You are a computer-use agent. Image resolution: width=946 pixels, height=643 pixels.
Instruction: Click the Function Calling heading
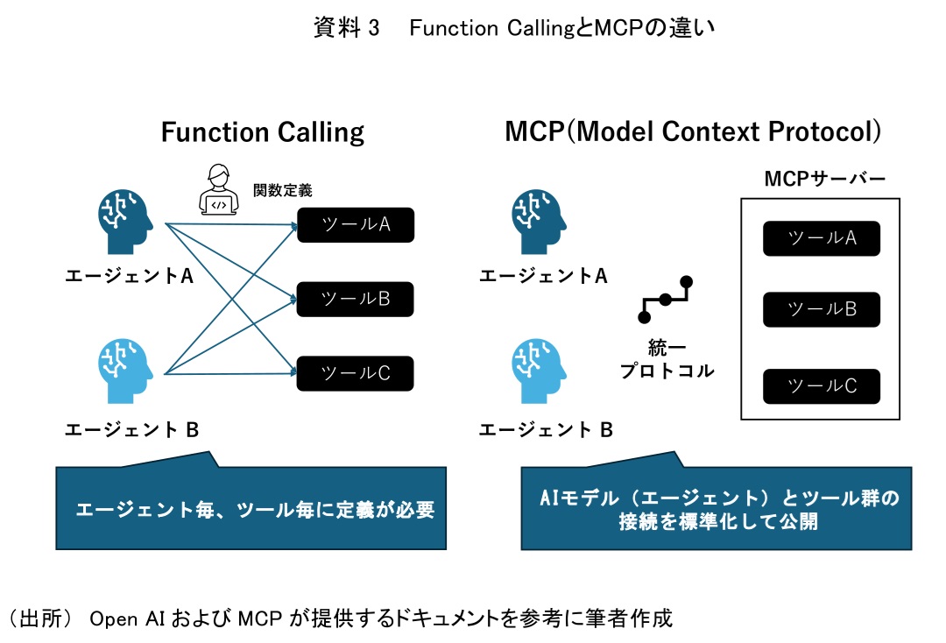[x=263, y=132]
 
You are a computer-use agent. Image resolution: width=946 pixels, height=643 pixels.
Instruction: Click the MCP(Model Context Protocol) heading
[x=692, y=132]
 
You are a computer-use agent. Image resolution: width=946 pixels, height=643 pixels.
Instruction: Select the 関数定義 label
[x=282, y=189]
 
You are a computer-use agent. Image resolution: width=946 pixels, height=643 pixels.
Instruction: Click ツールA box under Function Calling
[x=355, y=225]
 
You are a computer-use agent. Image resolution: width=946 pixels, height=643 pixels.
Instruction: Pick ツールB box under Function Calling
[x=355, y=300]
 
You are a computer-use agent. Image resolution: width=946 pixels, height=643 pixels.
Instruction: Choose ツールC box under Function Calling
[x=355, y=374]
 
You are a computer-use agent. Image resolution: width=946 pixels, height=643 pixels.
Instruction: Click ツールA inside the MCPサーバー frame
[x=821, y=238]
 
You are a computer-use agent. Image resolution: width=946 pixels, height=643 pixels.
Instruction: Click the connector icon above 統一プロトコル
[x=666, y=299]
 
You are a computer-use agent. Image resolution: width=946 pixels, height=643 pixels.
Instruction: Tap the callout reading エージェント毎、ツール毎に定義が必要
[x=254, y=509]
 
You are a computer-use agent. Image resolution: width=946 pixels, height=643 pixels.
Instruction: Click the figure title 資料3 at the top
[x=514, y=29]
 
